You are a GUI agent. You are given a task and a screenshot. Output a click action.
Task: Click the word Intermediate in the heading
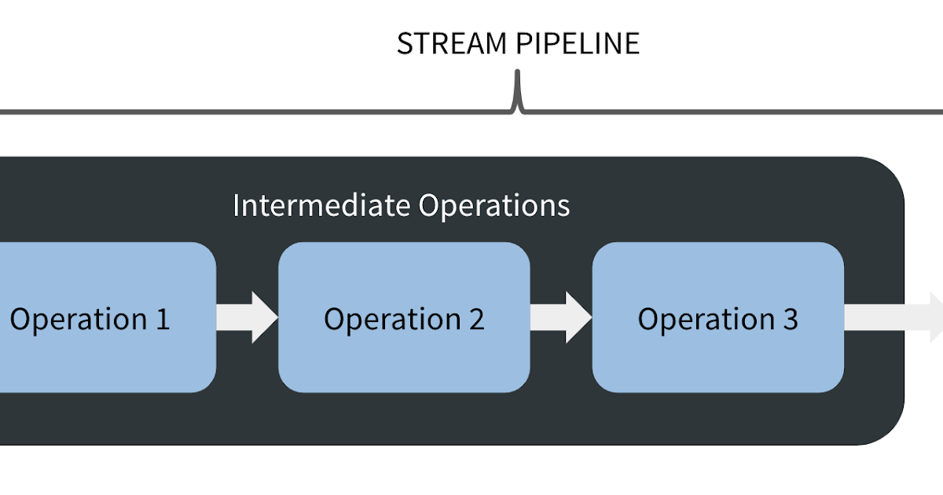pyautogui.click(x=321, y=206)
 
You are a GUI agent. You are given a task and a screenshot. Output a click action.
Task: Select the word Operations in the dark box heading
pyautogui.click(x=494, y=206)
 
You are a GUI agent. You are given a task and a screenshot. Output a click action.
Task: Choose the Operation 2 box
pyautogui.click(x=404, y=354)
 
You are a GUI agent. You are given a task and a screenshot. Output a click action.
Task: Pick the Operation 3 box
pyautogui.click(x=717, y=354)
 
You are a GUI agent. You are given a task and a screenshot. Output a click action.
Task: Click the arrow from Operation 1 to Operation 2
pyautogui.click(x=248, y=317)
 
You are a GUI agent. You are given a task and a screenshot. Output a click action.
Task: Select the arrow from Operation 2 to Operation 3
pyautogui.click(x=561, y=317)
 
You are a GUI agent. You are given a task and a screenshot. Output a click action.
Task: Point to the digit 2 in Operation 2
pyautogui.click(x=475, y=319)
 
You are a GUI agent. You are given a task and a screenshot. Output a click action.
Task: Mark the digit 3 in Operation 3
pyautogui.click(x=790, y=319)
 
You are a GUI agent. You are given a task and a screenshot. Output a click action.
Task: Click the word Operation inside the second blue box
pyautogui.click(x=392, y=320)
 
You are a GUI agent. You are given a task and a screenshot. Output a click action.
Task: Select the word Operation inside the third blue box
pyautogui.click(x=706, y=320)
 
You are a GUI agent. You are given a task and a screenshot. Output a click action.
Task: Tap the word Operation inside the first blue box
pyautogui.click(x=78, y=320)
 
